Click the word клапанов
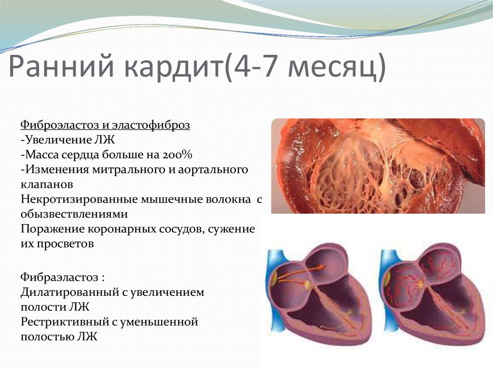click(x=47, y=184)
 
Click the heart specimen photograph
click(x=378, y=166)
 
